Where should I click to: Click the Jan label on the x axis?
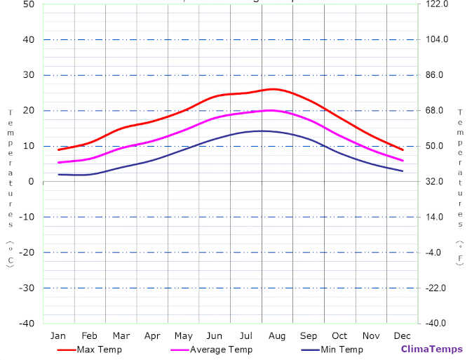click(x=58, y=335)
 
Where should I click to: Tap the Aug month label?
click(x=277, y=335)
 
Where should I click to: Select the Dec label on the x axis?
click(x=403, y=335)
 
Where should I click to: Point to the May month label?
click(x=184, y=335)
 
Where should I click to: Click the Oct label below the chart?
click(x=339, y=335)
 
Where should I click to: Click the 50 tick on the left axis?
click(x=29, y=4)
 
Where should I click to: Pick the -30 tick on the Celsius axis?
click(x=27, y=288)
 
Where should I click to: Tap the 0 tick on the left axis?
click(x=32, y=182)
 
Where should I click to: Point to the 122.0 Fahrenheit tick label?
click(x=437, y=4)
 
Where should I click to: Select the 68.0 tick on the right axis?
click(x=435, y=110)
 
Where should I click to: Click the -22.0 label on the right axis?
click(x=436, y=288)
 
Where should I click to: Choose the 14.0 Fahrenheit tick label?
click(x=435, y=217)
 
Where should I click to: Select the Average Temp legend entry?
click(x=221, y=349)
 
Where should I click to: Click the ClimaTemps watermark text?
click(x=431, y=349)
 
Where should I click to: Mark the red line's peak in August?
click(x=273, y=89)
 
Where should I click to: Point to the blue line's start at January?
click(x=58, y=174)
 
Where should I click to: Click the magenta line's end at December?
click(x=403, y=161)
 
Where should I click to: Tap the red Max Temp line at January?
click(x=58, y=149)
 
